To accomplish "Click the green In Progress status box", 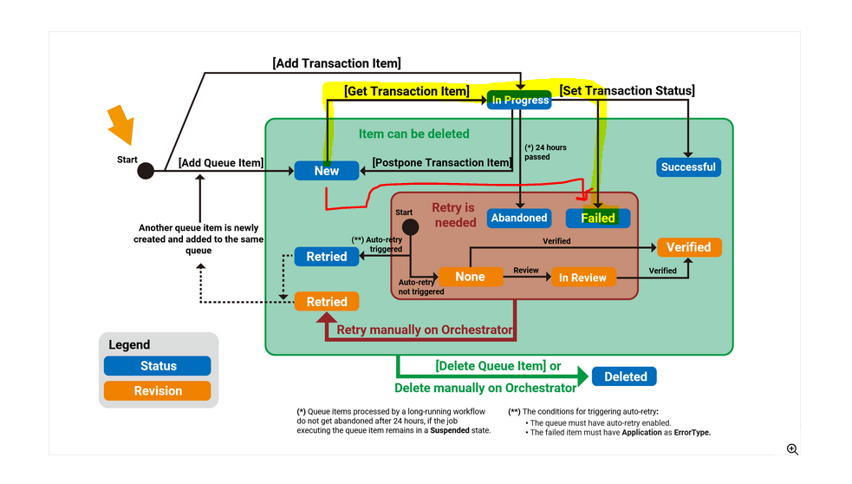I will pos(520,100).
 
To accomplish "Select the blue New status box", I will pos(327,171).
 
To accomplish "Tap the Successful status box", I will pos(688,167).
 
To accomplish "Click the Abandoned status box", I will pos(519,218).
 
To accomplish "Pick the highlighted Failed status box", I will pos(598,218).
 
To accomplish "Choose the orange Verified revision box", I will pos(689,247).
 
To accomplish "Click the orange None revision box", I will pos(470,277).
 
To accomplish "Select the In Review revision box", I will pos(582,278).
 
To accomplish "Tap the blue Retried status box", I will pos(327,256).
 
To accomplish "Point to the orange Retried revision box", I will pos(327,302).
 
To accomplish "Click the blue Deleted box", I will pos(625,376).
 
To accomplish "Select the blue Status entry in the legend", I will pos(158,366).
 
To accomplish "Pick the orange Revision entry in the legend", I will pos(158,391).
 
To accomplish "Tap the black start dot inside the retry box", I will pos(410,226).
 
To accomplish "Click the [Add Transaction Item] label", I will pos(336,62).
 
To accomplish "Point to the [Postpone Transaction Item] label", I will pos(442,162).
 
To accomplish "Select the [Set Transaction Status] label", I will pos(627,90).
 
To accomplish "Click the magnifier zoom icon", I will pos(792,448).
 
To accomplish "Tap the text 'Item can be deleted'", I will pos(414,134).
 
